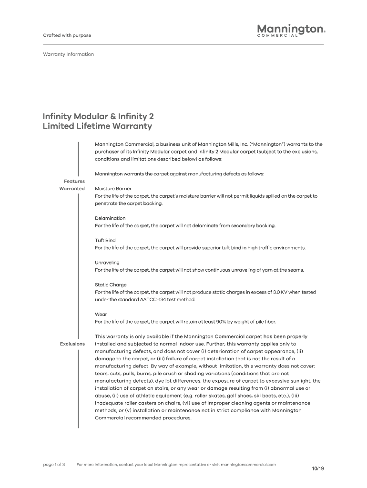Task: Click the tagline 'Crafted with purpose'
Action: [x=67, y=36]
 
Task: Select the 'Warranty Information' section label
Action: [x=68, y=54]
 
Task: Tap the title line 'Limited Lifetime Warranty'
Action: [x=97, y=126]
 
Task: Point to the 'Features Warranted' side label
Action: [x=72, y=185]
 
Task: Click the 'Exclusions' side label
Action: [x=72, y=344]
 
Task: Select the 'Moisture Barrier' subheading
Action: [x=113, y=189]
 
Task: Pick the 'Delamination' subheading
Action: [x=110, y=218]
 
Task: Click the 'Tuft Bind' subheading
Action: [x=105, y=241]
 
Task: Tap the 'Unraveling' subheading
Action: [x=107, y=263]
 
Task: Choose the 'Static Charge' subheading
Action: [x=111, y=285]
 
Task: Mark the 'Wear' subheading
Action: [x=101, y=315]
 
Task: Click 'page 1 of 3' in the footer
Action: [x=54, y=464]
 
